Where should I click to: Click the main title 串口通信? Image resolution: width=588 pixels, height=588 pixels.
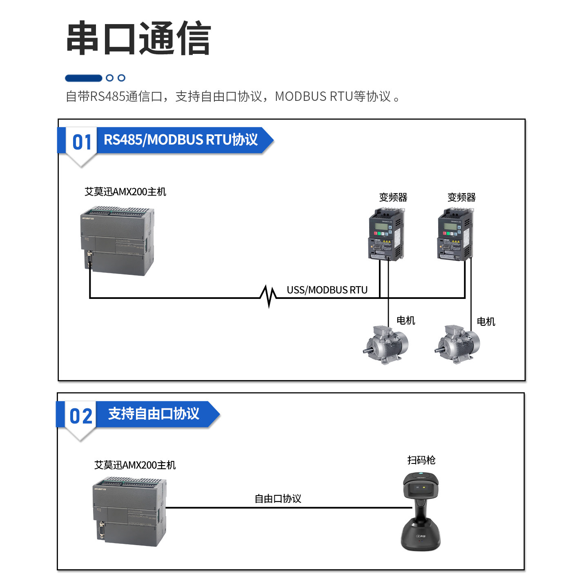(138, 38)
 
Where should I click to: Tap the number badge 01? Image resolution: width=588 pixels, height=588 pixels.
(82, 143)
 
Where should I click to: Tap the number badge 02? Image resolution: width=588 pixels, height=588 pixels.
(81, 416)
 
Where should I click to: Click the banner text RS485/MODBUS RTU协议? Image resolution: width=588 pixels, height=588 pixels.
(180, 140)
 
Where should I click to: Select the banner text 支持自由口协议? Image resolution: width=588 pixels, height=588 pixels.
(154, 414)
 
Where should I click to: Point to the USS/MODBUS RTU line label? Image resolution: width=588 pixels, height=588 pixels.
(327, 290)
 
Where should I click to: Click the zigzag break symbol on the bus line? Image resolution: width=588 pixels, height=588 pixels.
(268, 296)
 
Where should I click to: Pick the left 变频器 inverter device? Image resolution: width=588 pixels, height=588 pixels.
(386, 234)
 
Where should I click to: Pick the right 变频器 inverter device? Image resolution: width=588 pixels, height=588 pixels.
(455, 234)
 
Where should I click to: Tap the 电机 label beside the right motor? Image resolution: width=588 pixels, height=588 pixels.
(486, 322)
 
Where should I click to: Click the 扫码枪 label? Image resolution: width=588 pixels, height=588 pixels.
(421, 460)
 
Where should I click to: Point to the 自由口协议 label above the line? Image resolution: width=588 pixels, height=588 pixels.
(278, 499)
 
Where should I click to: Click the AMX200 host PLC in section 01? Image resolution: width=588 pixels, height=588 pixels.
(118, 241)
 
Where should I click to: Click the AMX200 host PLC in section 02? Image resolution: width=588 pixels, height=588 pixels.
(129, 511)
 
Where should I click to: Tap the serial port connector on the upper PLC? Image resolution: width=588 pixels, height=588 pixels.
(89, 260)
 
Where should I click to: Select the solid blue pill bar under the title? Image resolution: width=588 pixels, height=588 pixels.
(83, 78)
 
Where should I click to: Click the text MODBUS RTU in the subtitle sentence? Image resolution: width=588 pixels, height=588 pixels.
(314, 96)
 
